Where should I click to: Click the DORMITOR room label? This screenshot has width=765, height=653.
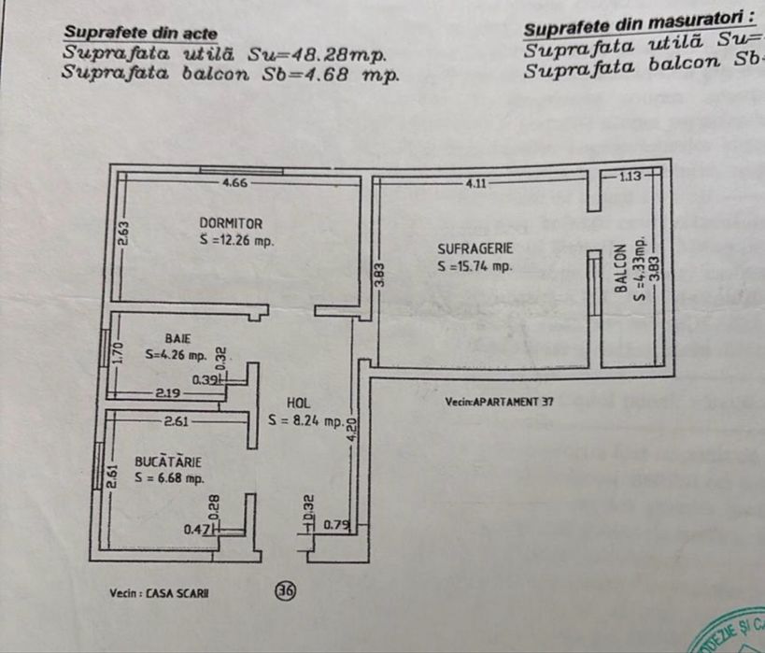[231, 223]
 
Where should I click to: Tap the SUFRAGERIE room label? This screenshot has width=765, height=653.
[475, 248]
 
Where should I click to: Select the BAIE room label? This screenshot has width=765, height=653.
[177, 337]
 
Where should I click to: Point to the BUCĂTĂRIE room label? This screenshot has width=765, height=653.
[169, 461]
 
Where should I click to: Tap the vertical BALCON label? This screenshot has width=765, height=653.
[621, 270]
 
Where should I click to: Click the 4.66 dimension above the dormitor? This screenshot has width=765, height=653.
[234, 183]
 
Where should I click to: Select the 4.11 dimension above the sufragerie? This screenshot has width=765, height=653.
[476, 183]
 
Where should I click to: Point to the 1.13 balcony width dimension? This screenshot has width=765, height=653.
[630, 177]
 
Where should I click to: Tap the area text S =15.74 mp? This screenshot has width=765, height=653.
[475, 266]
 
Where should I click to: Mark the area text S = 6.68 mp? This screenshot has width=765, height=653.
[169, 478]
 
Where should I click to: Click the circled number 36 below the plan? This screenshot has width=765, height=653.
[285, 590]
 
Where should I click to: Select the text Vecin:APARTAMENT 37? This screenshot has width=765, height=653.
[500, 402]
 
